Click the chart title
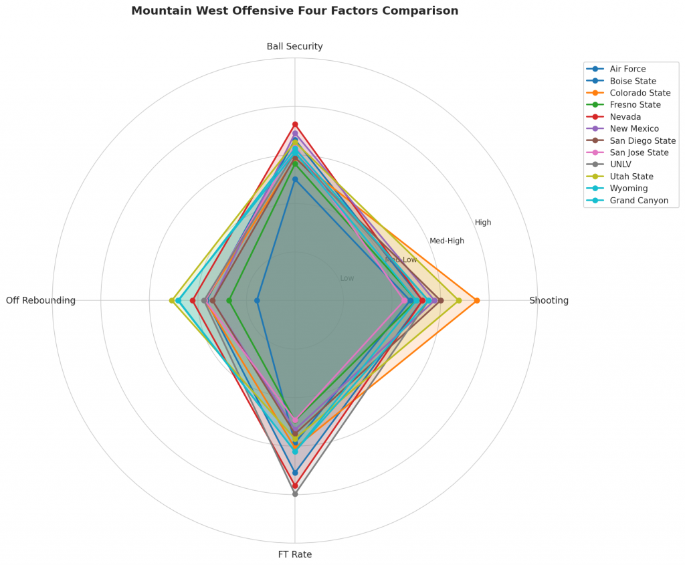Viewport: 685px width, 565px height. pos(294,11)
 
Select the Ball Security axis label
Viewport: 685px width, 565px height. pos(294,46)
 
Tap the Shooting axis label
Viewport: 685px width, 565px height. pos(549,300)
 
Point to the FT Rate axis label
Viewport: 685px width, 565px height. pos(294,554)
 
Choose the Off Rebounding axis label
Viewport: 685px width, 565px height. pos(41,300)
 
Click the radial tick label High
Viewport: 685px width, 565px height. pos(483,223)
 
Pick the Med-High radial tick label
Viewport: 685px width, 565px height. pos(446,241)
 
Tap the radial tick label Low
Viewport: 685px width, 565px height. pos(347,278)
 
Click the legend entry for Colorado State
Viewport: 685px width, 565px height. pos(640,93)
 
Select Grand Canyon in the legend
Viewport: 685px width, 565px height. pos(639,201)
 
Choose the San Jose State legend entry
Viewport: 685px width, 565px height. pos(639,152)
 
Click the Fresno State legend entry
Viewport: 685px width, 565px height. pos(635,105)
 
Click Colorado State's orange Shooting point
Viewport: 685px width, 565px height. pos(476,300)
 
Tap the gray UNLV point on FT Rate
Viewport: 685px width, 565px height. pos(295,493)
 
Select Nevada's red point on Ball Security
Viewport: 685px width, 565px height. pos(295,124)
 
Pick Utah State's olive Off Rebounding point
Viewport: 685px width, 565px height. pos(172,300)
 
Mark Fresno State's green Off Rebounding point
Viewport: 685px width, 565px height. pos(229,300)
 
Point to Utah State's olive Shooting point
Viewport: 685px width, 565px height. pos(459,300)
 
